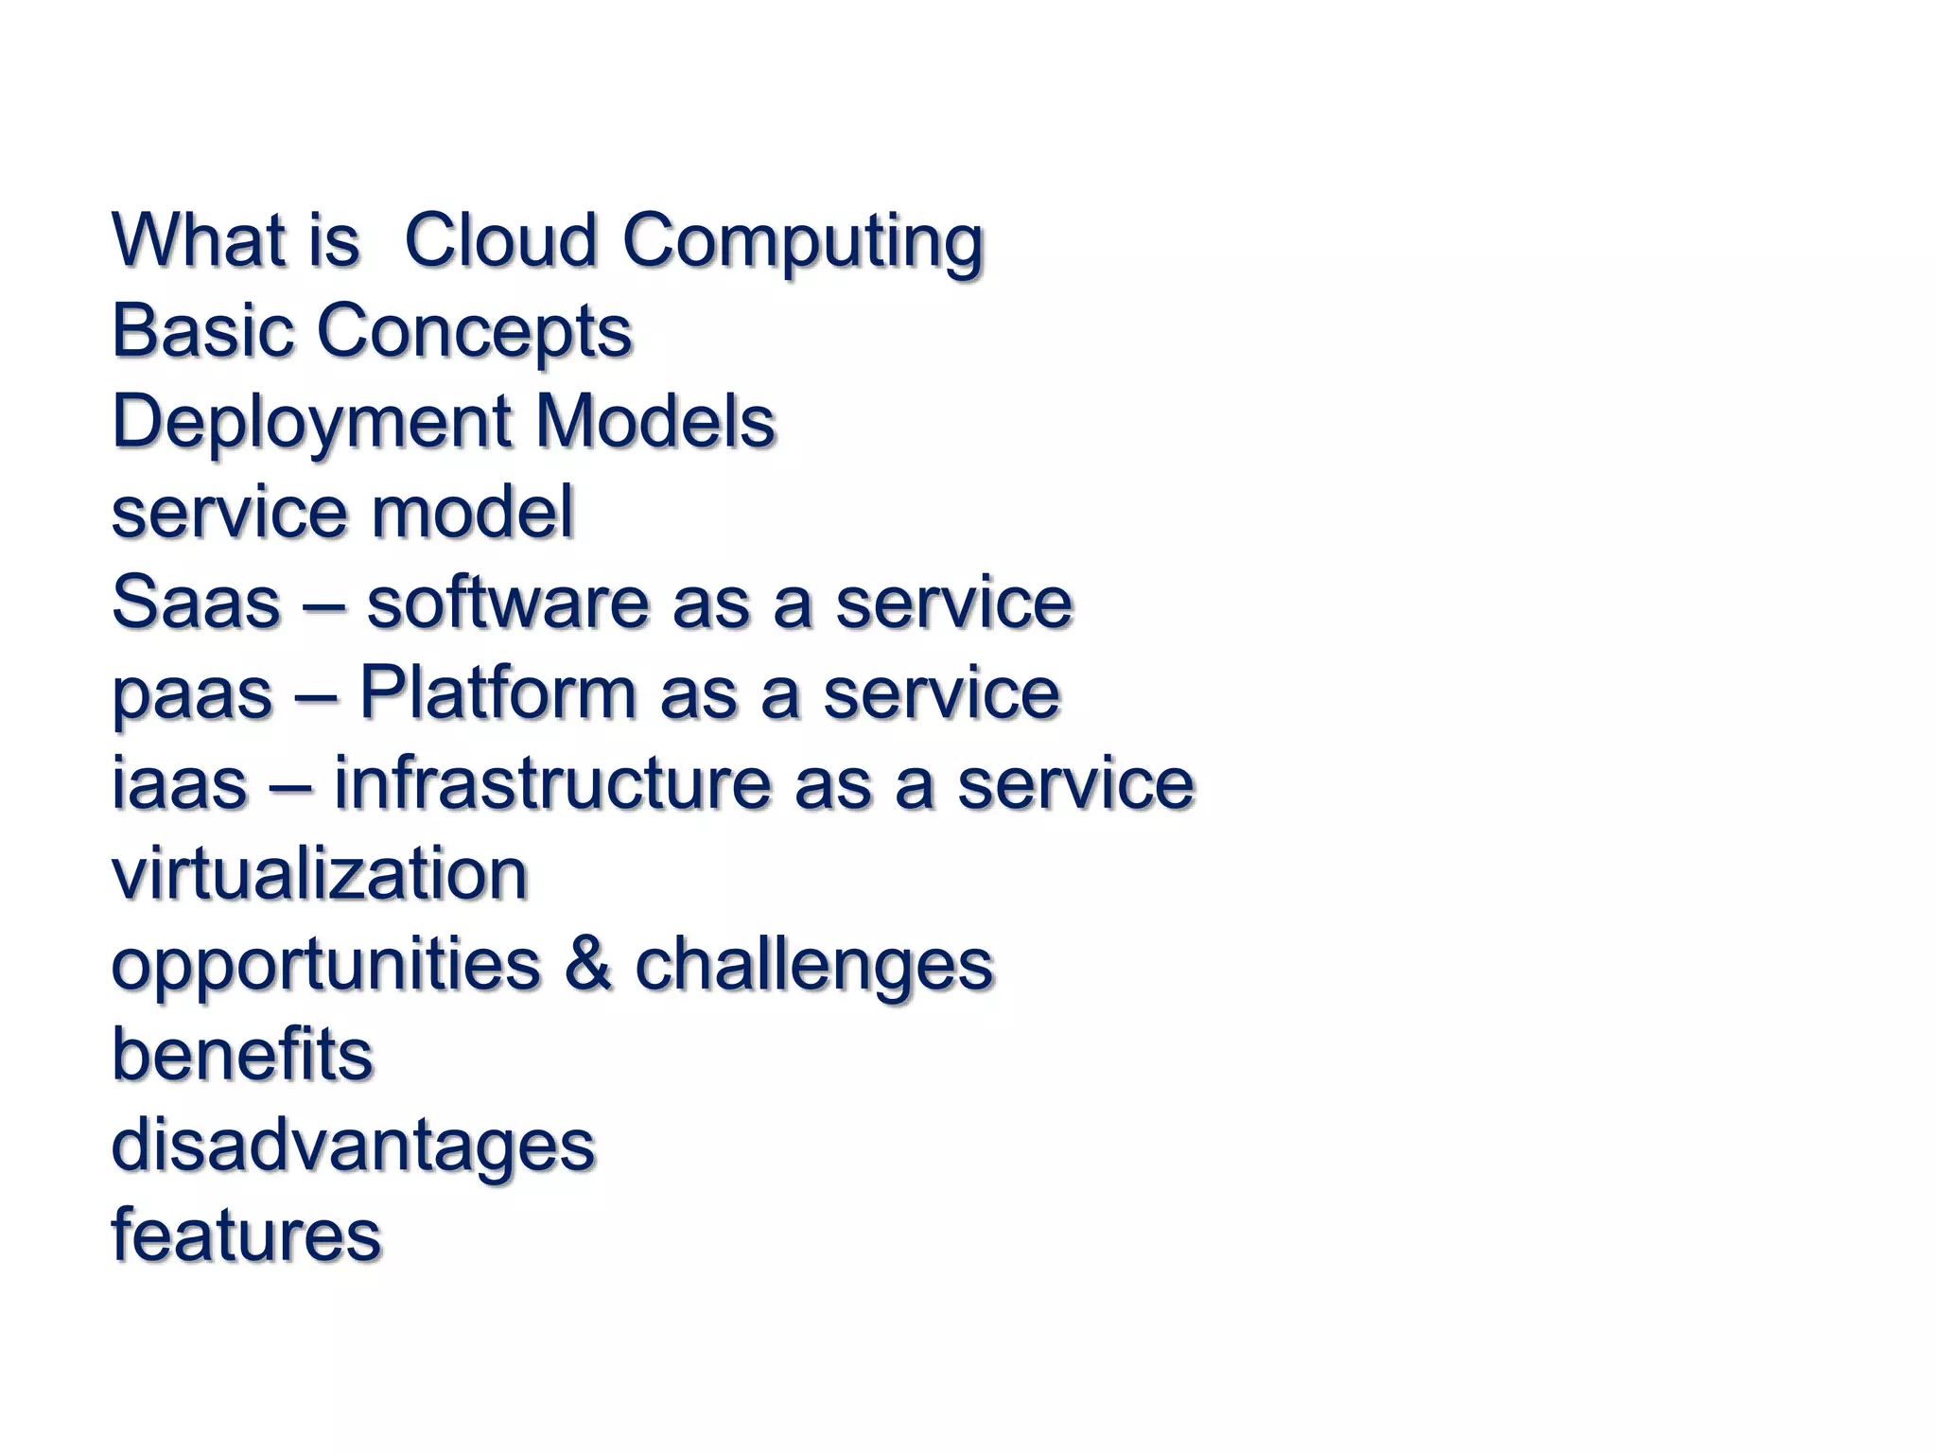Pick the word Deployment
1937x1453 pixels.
click(x=310, y=423)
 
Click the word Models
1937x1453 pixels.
click(x=654, y=421)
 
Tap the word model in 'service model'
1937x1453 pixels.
click(x=471, y=512)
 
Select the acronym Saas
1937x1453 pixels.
click(x=196, y=603)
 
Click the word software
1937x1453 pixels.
click(x=508, y=603)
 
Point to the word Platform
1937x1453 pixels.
click(x=497, y=692)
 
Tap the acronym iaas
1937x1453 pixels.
click(x=179, y=784)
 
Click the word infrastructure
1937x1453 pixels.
click(x=552, y=783)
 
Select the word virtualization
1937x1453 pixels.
click(x=320, y=874)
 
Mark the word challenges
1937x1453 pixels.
click(x=813, y=966)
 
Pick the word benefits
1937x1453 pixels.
click(x=242, y=1055)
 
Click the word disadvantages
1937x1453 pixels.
click(x=353, y=1147)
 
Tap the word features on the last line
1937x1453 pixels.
click(x=246, y=1235)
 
